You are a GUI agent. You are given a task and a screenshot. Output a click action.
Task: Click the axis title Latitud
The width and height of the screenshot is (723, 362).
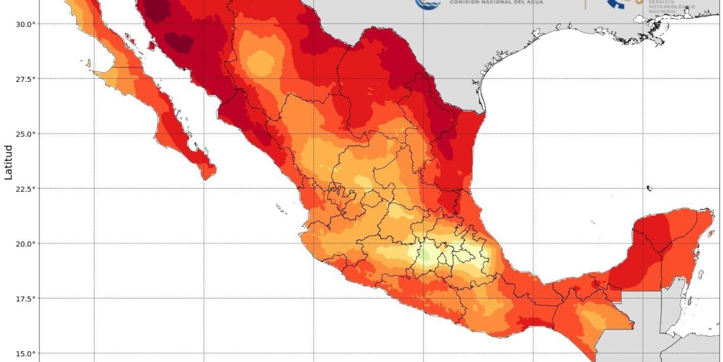(x=9, y=162)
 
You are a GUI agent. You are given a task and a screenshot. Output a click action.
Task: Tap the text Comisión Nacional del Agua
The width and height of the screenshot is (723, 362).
(x=492, y=3)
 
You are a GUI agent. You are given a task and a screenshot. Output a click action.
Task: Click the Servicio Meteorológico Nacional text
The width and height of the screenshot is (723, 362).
(x=671, y=7)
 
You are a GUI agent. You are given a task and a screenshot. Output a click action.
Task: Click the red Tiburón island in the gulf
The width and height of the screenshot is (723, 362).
(x=152, y=45)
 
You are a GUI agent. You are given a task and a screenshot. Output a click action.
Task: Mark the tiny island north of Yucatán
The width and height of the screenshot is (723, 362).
(x=650, y=188)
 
